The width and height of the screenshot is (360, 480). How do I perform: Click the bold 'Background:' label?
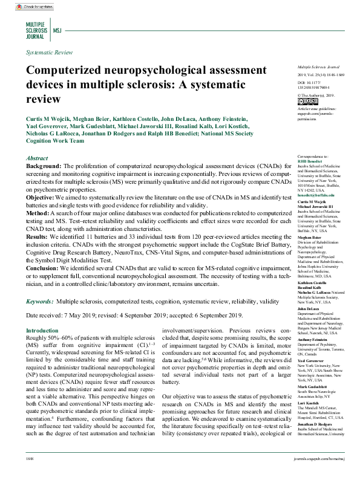pyautogui.click(x=44, y=166)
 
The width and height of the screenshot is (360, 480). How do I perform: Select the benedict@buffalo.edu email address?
pyautogui.click(x=315, y=195)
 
